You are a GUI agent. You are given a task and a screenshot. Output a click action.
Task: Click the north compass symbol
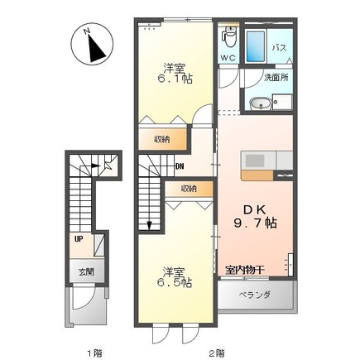tap(92, 45)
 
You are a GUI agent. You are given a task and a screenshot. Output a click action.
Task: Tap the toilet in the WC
tap(230, 36)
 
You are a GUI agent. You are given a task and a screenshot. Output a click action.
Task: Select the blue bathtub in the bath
tap(256, 46)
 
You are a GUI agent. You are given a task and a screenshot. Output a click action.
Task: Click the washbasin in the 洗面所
tap(261, 104)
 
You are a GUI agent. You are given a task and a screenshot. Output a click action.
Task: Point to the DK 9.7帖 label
tap(255, 217)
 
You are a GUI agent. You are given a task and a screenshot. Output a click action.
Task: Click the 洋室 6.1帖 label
tap(175, 74)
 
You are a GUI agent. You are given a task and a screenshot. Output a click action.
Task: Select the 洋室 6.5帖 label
tap(174, 277)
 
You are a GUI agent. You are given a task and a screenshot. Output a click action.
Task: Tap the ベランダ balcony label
tap(254, 295)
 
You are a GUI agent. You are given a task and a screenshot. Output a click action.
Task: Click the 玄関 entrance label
tap(86, 272)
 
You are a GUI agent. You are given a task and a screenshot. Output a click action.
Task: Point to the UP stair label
tap(79, 239)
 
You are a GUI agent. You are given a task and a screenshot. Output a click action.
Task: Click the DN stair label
tap(180, 166)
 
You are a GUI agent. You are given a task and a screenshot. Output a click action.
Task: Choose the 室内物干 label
tap(245, 270)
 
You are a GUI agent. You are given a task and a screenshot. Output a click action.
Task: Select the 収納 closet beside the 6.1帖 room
tap(162, 139)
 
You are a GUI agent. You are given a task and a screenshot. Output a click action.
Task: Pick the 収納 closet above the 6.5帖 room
tap(189, 189)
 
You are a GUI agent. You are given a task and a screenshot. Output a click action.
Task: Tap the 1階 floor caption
tap(94, 353)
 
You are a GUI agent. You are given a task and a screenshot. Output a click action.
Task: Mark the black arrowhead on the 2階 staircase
tap(149, 226)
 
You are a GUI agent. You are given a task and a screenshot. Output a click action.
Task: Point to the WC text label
tap(228, 58)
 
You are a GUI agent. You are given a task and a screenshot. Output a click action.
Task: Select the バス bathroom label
tap(280, 48)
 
